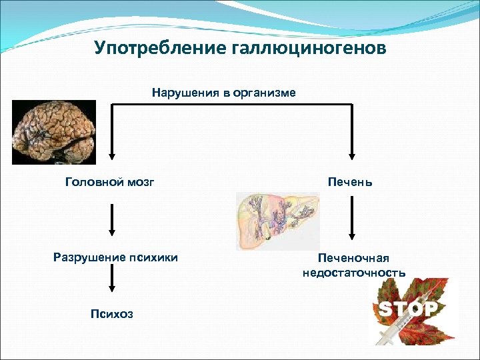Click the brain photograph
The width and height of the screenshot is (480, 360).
click(x=54, y=132)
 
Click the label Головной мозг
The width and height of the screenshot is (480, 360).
click(x=109, y=182)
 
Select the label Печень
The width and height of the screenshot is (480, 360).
click(x=350, y=182)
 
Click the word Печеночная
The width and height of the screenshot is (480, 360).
click(x=353, y=259)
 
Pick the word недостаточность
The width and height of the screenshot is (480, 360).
click(x=353, y=273)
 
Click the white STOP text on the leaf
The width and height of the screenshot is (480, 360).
click(x=408, y=309)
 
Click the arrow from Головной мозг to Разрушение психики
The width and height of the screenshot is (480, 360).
click(x=111, y=220)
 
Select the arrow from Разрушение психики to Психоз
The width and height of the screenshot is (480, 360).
click(x=111, y=284)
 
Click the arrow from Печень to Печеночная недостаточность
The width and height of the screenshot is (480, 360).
click(x=351, y=220)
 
